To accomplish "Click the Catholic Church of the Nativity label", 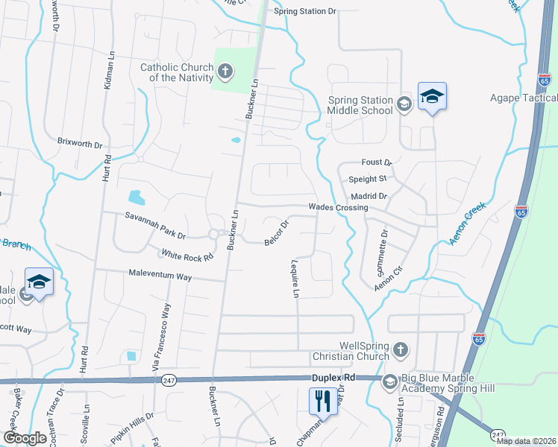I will click(177, 72).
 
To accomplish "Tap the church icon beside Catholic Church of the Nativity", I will click(225, 72).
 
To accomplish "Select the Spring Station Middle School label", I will click(360, 105).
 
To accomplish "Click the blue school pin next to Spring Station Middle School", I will click(432, 97).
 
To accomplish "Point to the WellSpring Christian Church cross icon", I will click(401, 349).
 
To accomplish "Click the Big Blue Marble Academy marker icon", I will click(389, 382).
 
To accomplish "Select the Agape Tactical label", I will click(523, 98).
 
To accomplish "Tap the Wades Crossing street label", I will click(339, 208).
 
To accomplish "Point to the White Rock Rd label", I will click(186, 254).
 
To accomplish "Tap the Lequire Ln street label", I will click(295, 279).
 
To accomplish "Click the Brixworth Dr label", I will click(80, 141).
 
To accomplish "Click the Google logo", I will click(25, 438).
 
